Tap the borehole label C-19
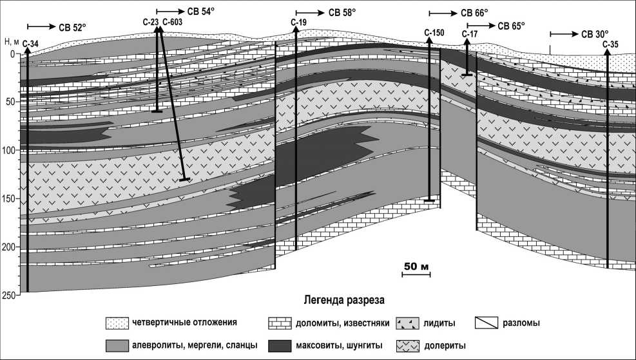tap(298, 23)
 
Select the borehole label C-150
tap(434, 32)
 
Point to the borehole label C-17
tap(470, 33)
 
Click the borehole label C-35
tap(610, 44)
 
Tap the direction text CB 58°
tap(342, 12)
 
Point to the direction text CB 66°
tap(475, 13)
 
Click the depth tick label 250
tap(8, 296)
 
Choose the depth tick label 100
tap(8, 151)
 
